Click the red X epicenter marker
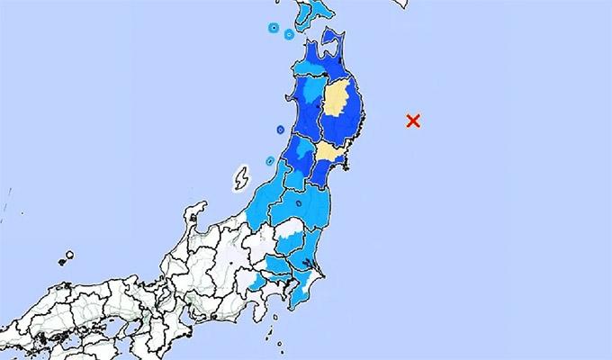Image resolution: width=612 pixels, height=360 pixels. (413, 121)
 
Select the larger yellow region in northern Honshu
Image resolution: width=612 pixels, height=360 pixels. (337, 98)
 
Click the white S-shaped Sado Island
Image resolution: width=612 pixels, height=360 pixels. (240, 178)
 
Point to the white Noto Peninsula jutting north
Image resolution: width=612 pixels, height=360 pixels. (192, 217)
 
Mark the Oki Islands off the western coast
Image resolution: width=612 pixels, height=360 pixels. (65, 259)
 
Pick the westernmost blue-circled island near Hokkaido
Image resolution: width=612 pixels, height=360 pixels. (273, 28)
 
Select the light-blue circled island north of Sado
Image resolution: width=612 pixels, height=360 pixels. (269, 162)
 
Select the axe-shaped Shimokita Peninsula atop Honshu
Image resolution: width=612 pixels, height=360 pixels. (331, 40)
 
